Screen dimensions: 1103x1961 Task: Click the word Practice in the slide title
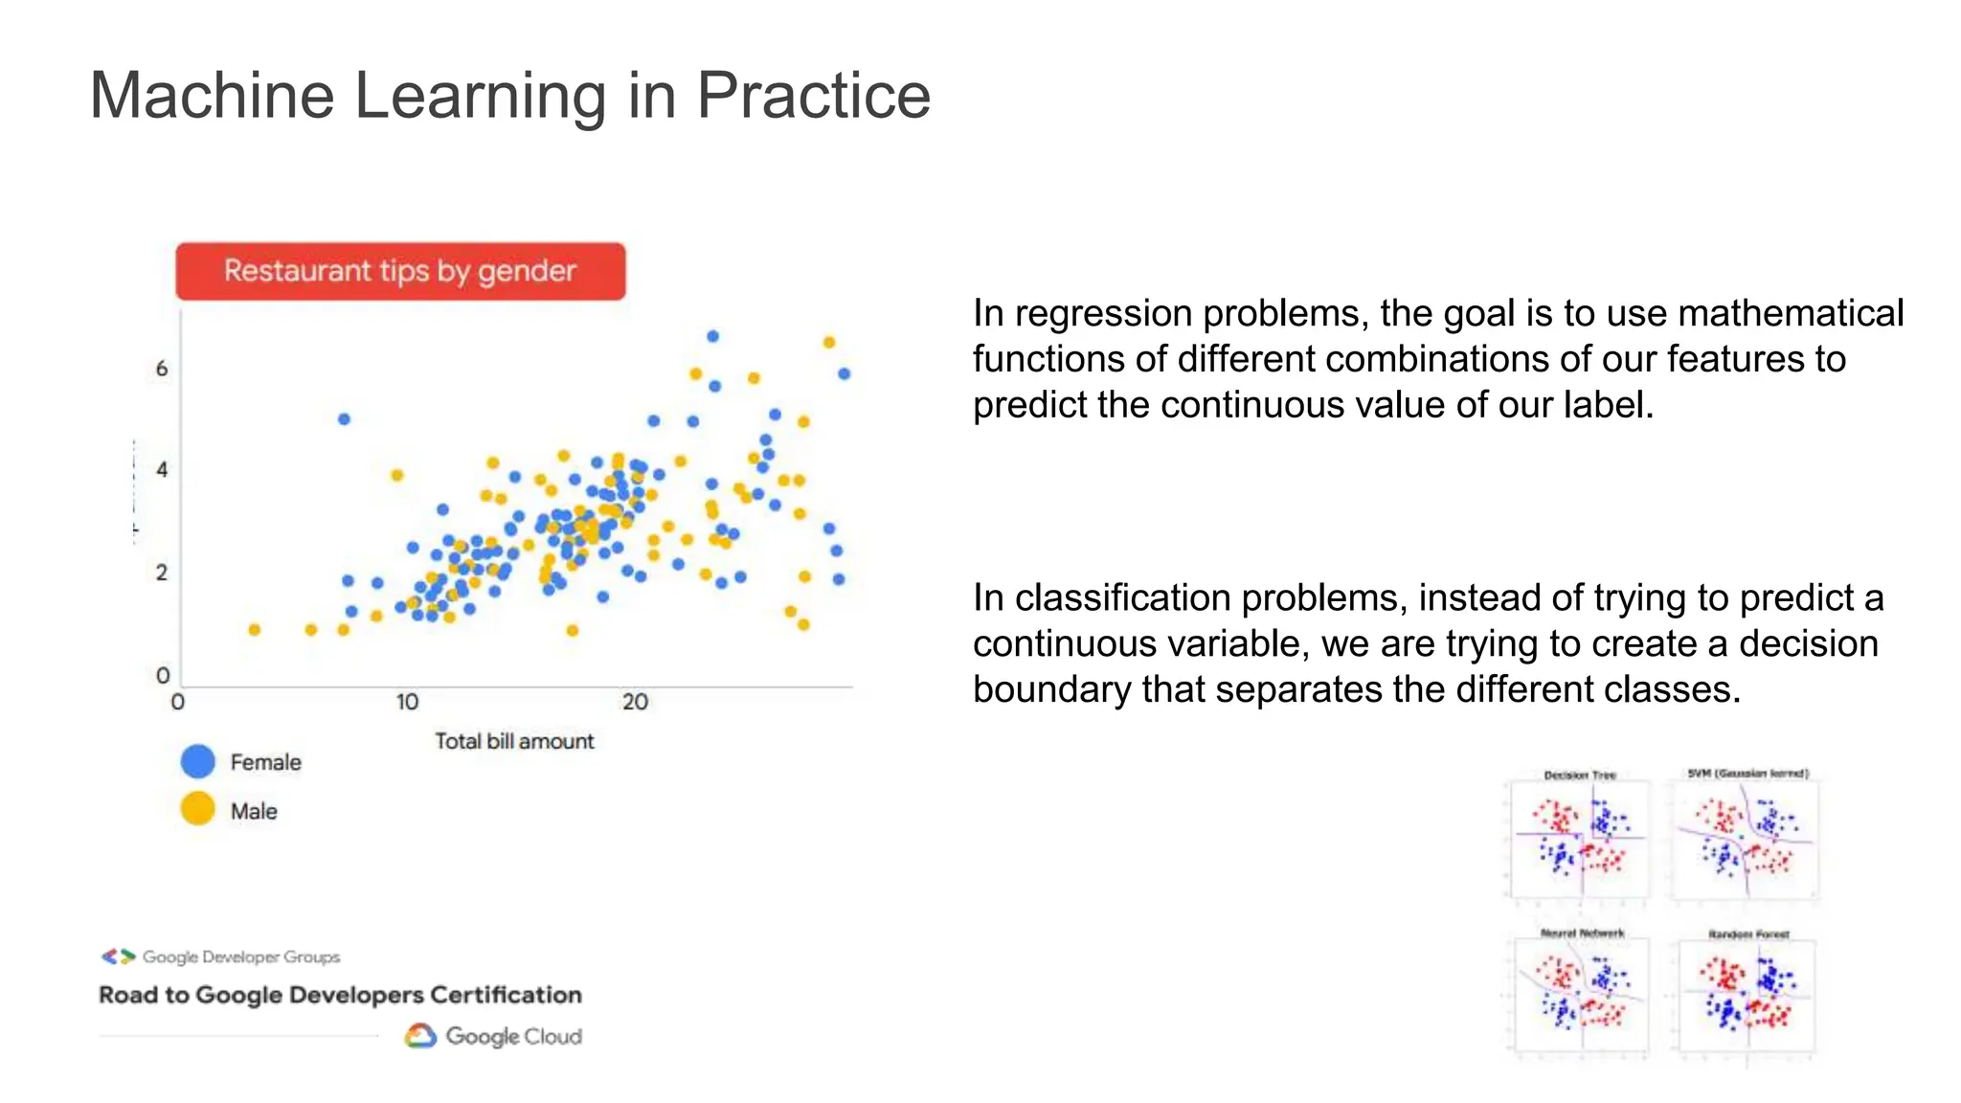812,96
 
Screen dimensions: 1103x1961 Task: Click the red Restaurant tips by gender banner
400,271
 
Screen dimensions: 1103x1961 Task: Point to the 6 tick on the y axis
162,369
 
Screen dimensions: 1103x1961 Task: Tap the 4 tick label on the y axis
162,469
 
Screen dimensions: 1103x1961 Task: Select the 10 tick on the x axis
407,702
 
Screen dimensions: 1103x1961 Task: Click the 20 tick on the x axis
635,702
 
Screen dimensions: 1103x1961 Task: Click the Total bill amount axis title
514,741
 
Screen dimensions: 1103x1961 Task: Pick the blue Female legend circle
198,761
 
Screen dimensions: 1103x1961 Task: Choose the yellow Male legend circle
198,809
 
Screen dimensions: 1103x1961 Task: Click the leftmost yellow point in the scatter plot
254,629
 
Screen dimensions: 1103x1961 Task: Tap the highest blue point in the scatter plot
712,336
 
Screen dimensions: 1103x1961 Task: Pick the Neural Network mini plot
1581,996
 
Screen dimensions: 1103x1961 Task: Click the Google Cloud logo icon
420,1036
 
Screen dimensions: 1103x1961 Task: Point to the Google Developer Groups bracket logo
119,957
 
